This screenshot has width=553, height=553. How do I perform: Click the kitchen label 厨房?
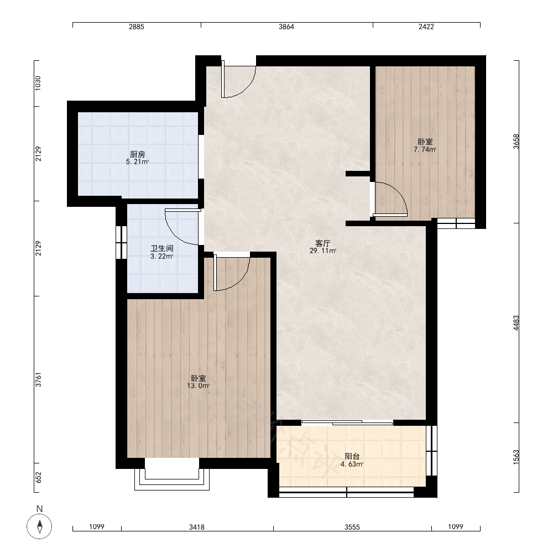click(137, 154)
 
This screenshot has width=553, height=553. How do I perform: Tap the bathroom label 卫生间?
click(162, 249)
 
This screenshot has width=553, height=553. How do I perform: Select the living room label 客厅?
click(323, 243)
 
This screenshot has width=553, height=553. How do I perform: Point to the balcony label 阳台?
click(352, 456)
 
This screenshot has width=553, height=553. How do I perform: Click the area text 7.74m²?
click(425, 149)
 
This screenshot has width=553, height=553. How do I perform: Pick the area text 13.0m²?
click(198, 386)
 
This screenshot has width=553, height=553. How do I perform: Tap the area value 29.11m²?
click(323, 251)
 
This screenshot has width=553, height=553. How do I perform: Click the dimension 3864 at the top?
click(286, 27)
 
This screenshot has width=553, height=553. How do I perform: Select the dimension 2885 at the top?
click(137, 27)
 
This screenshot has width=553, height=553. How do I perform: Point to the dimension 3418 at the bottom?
click(197, 527)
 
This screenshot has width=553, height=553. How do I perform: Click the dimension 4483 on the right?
click(516, 323)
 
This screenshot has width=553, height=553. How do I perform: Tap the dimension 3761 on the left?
click(39, 379)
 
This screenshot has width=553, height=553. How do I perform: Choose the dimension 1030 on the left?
click(38, 84)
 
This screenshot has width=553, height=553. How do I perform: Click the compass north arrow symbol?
click(39, 526)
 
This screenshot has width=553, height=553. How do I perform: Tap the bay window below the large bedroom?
click(172, 474)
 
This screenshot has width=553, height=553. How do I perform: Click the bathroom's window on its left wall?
click(121, 242)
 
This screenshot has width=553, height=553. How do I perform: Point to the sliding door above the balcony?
click(347, 422)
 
